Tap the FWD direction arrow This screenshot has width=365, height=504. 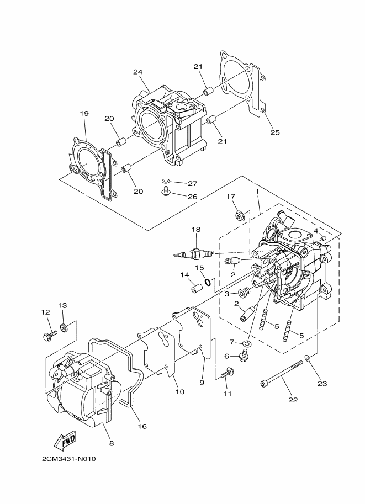pyautogui.click(x=65, y=440)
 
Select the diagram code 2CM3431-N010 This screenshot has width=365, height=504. pyautogui.click(x=68, y=459)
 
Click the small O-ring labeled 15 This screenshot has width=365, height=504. pyautogui.click(x=208, y=283)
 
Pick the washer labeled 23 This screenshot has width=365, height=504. pyautogui.click(x=307, y=358)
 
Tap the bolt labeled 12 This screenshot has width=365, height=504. pyautogui.click(x=50, y=336)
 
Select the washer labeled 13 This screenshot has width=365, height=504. pyautogui.click(x=64, y=328)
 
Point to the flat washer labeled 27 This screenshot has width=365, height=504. pyautogui.click(x=166, y=182)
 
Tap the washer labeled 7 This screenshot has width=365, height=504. pyautogui.click(x=247, y=344)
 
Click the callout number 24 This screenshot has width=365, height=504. pyautogui.click(x=137, y=72)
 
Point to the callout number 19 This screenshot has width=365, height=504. pyautogui.click(x=84, y=113)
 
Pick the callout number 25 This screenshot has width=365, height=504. pyautogui.click(x=275, y=132)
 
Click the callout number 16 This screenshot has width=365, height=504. pyautogui.click(x=142, y=426)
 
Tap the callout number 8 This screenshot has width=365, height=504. pyautogui.click(x=112, y=443)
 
